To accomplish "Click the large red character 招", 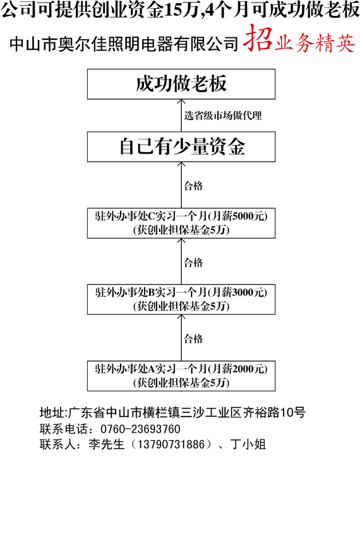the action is pos(258,38).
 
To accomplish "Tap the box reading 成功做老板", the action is pos(181,84).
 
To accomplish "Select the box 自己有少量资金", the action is pos(181,147).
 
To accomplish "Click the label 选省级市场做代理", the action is pos(223,116).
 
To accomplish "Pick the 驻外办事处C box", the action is pos(181,223).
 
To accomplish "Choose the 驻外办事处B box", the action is pos(181,299).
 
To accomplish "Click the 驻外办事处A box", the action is pos(181,376).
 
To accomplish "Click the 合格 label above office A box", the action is pos(193,338).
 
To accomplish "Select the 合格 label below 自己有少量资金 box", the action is pos(193,186).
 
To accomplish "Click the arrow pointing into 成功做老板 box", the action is pos(181,116).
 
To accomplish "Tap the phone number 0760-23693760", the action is pos(140,429).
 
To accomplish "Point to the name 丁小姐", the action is pos(248,445).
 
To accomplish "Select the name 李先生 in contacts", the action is pos(106,445).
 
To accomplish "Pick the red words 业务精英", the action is pos(315,44).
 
